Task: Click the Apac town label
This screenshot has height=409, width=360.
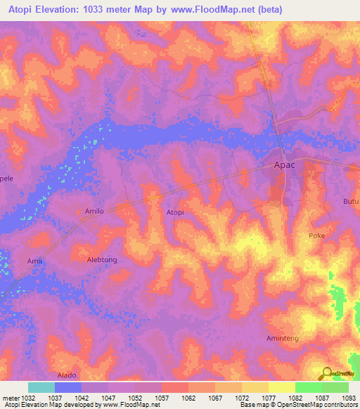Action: pyautogui.click(x=284, y=166)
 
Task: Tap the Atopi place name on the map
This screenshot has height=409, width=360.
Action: pyautogui.click(x=175, y=212)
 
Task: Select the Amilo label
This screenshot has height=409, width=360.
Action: pyautogui.click(x=94, y=211)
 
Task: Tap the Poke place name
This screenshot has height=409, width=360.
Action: pyautogui.click(x=316, y=236)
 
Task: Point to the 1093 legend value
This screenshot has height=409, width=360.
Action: pyautogui.click(x=349, y=398)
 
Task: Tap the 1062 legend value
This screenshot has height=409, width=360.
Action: pyautogui.click(x=188, y=398)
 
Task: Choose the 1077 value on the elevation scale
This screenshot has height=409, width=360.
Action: pyautogui.click(x=268, y=398)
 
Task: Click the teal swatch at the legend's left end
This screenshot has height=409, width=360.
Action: pyautogui.click(x=41, y=387)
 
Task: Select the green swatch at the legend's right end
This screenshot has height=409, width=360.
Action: pyautogui.click(x=335, y=387)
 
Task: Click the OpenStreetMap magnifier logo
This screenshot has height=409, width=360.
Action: pyautogui.click(x=327, y=372)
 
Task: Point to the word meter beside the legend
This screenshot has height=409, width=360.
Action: pyautogui.click(x=9, y=398)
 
